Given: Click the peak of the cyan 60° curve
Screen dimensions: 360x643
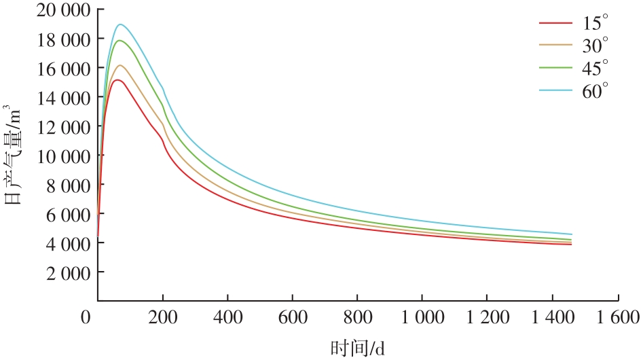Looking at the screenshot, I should tap(120, 24).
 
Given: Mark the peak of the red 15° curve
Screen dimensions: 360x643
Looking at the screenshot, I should tap(117, 80).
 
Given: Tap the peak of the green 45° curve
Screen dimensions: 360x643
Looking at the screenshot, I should tap(120, 41).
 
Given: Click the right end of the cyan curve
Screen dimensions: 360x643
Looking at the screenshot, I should tap(571, 234).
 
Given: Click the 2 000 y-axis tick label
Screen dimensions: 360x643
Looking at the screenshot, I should tap(63, 272).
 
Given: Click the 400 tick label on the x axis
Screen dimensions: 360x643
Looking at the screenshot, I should tap(227, 317).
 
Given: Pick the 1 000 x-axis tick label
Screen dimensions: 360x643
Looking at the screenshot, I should tap(422, 317).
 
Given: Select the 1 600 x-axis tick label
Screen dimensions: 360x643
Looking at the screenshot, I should tap(616, 317).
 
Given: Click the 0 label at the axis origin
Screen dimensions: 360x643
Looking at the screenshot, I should tap(86, 317).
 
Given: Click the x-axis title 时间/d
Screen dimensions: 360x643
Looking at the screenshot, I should tap(358, 348).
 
